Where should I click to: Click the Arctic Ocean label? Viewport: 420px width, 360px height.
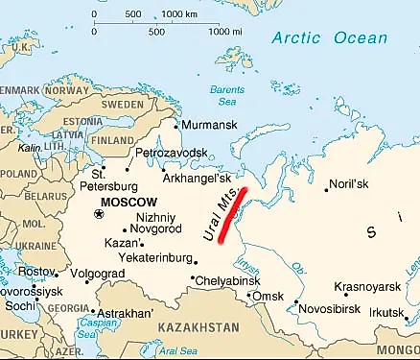330,38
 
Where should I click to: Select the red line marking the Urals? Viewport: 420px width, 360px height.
233,212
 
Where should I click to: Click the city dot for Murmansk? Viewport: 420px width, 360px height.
176,125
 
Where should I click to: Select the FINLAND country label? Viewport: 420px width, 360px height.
112,138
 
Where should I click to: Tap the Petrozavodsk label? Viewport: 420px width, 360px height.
171,153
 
